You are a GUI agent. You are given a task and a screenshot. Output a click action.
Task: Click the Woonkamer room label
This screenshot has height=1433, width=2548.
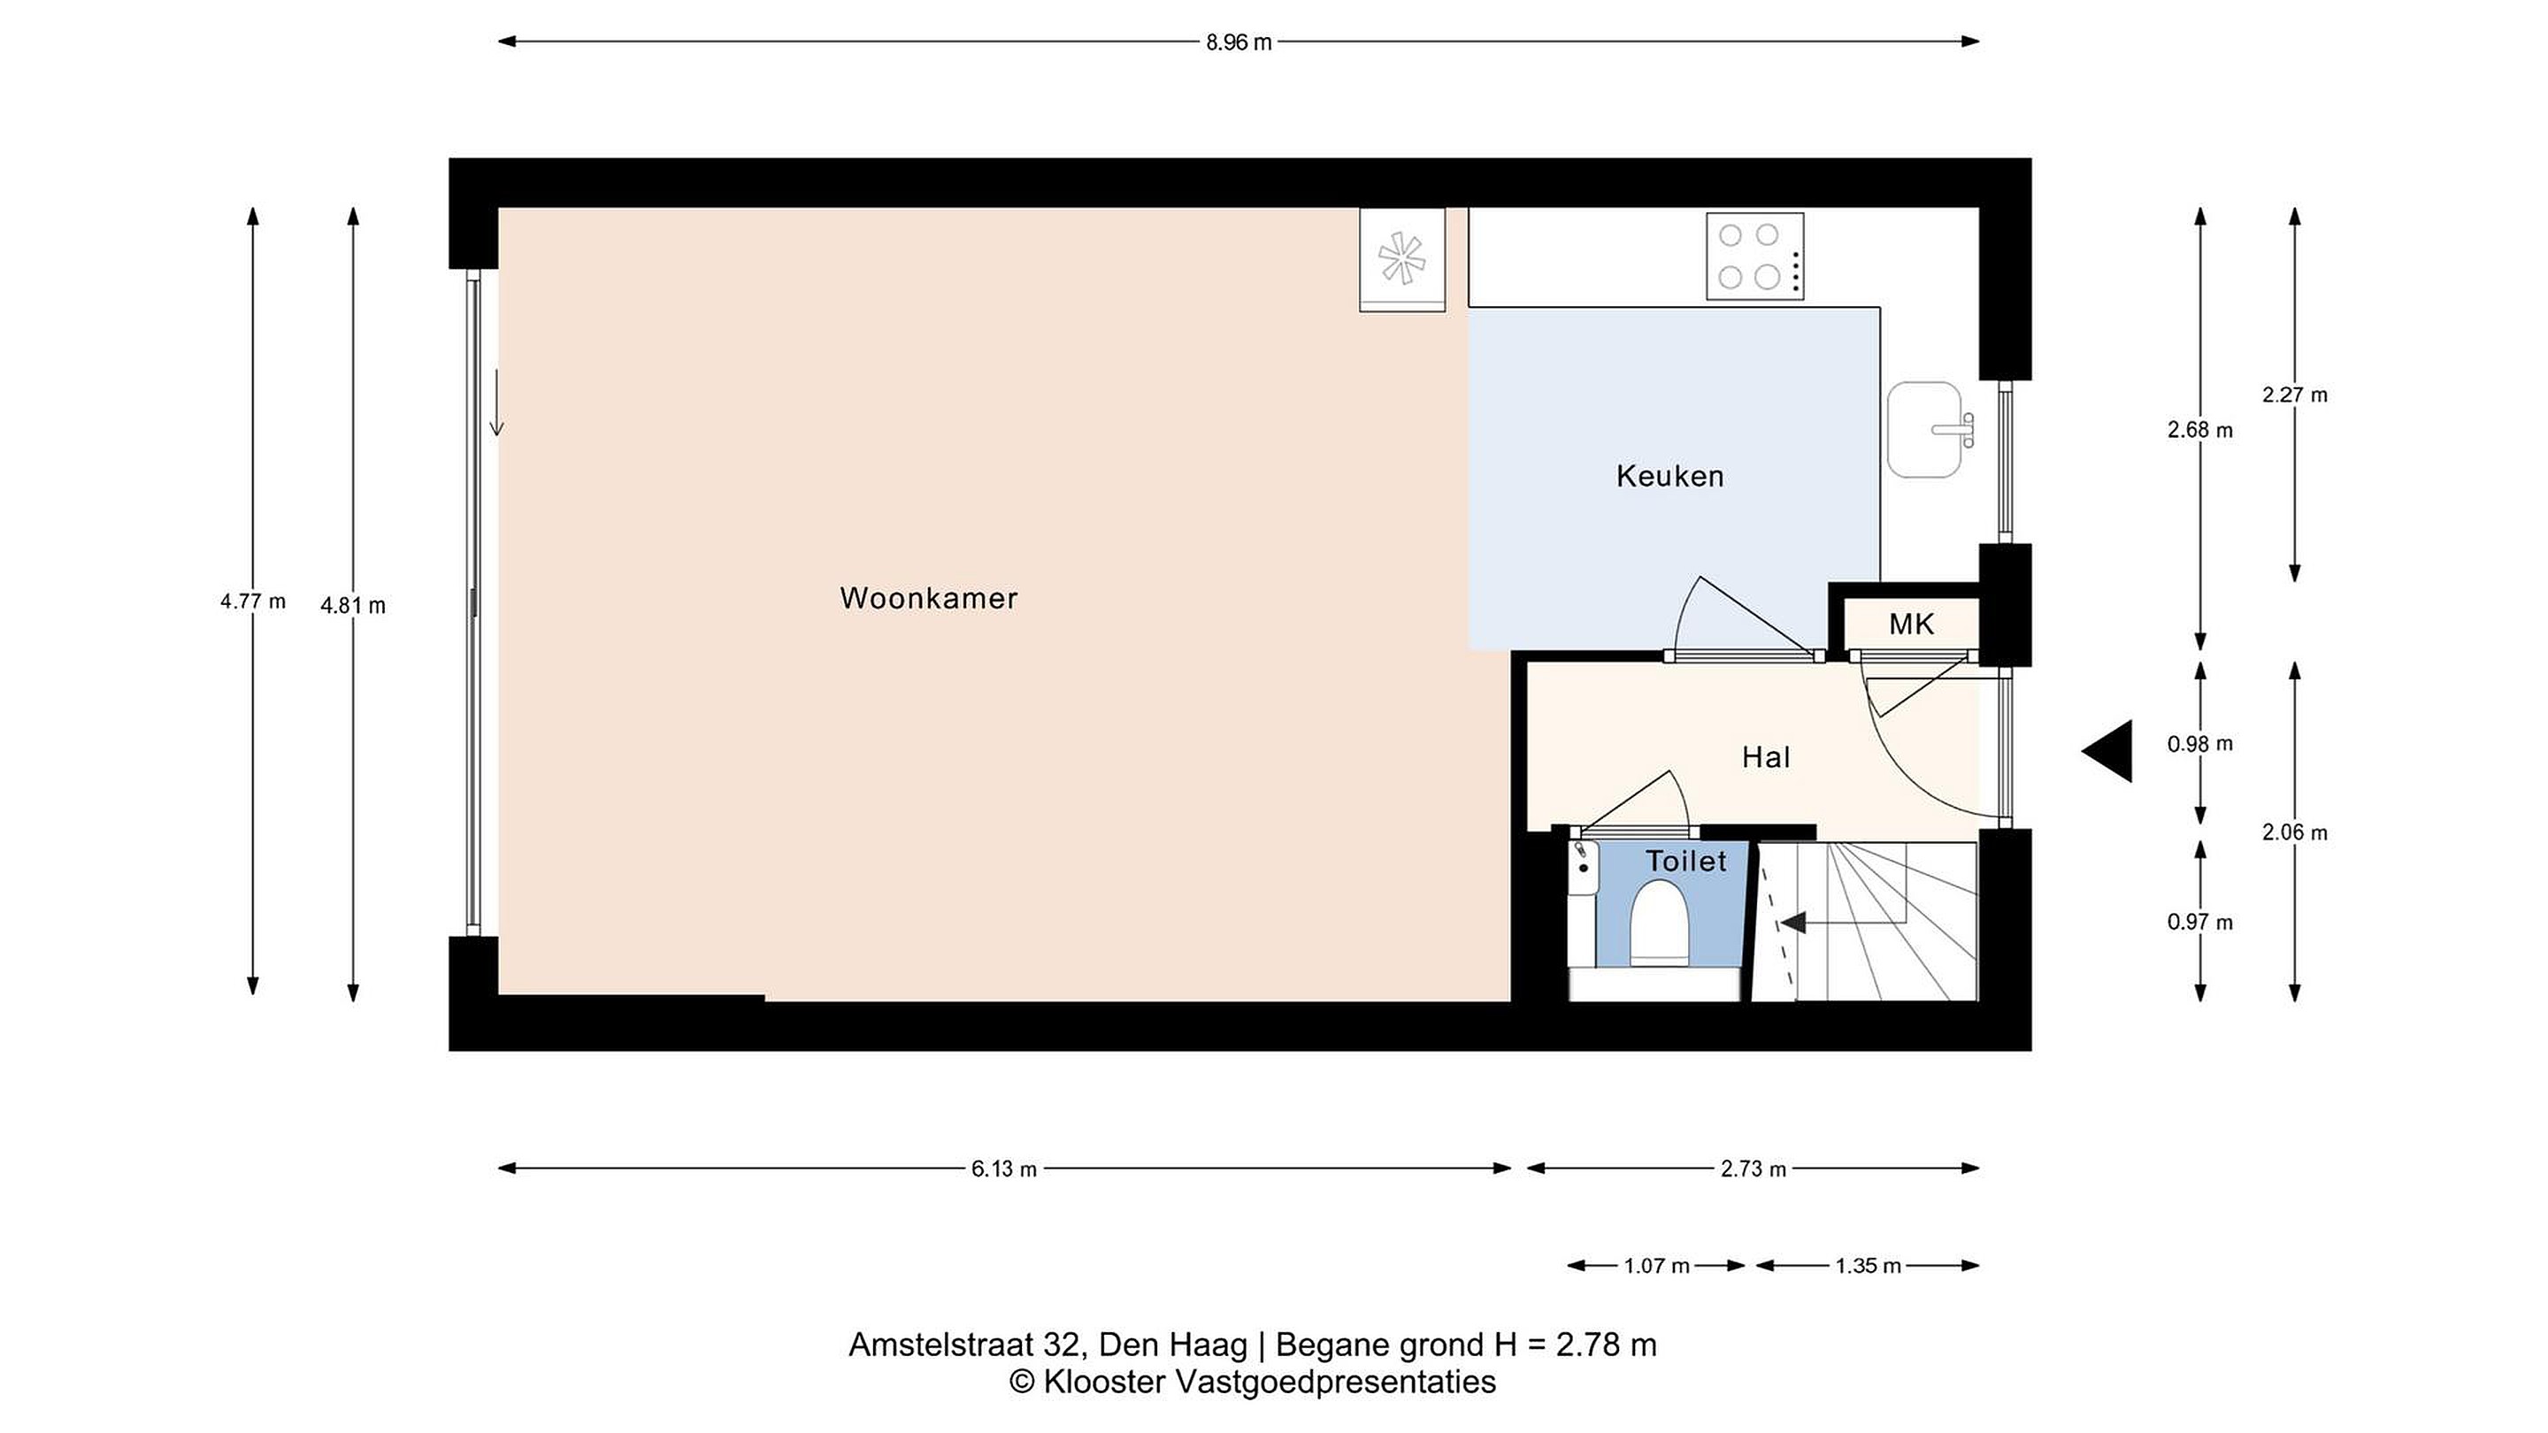929,598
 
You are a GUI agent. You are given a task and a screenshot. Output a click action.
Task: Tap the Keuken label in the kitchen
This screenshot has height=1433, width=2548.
1670,477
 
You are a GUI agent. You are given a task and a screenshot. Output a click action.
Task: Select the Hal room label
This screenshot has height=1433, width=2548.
1766,757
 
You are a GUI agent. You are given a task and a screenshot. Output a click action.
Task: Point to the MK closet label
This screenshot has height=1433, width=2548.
1911,624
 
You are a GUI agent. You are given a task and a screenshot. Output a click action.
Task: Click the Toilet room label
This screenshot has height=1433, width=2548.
1686,862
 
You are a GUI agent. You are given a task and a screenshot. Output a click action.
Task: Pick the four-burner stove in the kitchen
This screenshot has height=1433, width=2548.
1754,257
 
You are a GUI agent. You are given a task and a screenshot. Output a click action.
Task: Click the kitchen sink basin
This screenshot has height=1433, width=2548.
1925,430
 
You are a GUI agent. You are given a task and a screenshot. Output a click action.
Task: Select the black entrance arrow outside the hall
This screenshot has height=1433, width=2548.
2107,752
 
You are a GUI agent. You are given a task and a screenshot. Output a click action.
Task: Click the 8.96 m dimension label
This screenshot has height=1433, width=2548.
1239,42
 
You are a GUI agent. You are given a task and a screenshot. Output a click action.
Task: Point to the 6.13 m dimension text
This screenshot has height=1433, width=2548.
1004,1169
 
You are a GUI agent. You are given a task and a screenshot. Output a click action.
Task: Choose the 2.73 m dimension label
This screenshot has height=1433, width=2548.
1754,1169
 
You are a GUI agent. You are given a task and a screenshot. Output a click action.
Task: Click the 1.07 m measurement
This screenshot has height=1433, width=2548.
1657,1266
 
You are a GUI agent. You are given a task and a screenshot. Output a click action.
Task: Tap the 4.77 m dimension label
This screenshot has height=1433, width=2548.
253,602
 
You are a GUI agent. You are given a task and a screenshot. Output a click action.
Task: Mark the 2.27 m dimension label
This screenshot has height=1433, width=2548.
2295,395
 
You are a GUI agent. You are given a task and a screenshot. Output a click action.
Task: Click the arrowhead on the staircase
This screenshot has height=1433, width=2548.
1792,923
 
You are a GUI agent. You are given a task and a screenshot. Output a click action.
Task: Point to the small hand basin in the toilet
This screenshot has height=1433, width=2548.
1583,869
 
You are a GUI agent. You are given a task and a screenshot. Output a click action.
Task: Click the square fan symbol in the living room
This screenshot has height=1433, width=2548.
1402,260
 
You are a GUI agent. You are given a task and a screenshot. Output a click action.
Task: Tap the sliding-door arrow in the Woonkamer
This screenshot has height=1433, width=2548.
496,402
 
